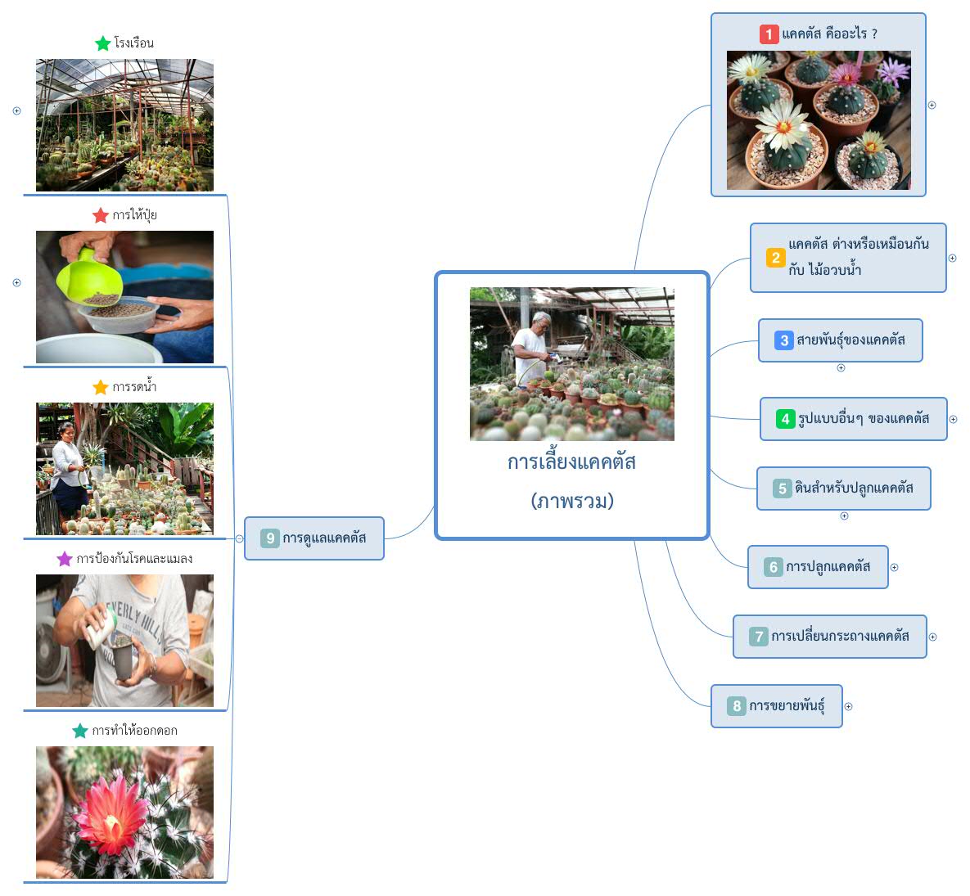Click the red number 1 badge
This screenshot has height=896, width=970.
769,34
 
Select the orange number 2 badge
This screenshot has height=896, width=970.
775,257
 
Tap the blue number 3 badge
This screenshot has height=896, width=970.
784,340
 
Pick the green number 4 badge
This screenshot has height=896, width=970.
785,419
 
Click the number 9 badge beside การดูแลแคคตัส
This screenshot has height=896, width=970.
270,538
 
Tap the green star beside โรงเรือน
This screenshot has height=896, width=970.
103,43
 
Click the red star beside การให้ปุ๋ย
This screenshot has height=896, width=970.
101,215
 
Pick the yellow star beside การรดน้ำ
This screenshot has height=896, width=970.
101,387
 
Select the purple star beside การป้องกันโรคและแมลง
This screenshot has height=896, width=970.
65,559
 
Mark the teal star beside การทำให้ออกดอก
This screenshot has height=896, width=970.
80,731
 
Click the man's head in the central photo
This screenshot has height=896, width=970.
541,321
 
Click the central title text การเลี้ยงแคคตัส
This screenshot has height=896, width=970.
571,462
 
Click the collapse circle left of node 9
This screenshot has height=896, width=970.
239,538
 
